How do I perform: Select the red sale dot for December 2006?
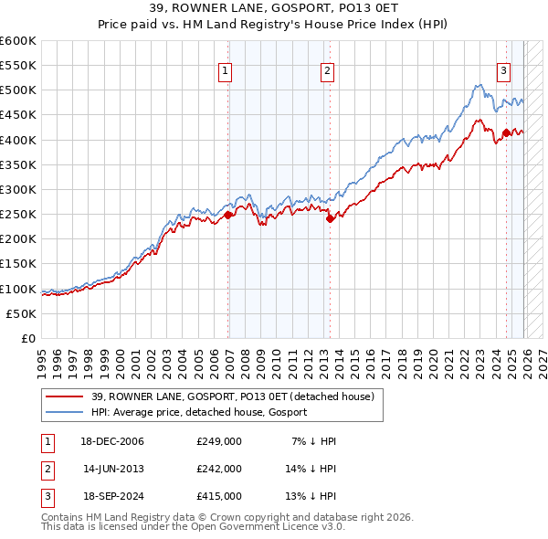tap(228, 216)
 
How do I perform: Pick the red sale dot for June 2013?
tap(331, 217)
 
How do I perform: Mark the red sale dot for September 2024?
tap(506, 132)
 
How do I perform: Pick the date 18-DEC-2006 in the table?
tap(113, 441)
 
